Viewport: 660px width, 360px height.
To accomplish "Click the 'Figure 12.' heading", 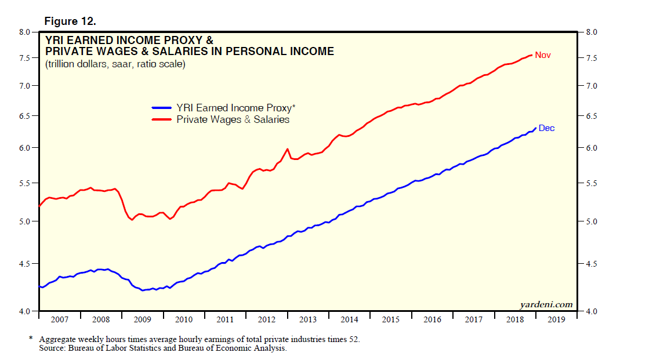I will tap(70, 21).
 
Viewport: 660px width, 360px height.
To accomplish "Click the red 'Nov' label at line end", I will tap(543, 55).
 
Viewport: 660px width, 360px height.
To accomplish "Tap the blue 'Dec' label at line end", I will tap(546, 128).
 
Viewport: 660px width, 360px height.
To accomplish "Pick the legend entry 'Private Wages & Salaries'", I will tap(233, 119).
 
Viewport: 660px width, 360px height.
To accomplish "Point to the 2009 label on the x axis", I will tap(143, 319).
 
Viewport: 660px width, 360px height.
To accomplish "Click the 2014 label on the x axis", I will tap(349, 319).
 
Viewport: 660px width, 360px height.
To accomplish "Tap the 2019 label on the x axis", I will tap(556, 319).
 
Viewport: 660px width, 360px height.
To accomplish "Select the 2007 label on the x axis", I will tap(60, 319).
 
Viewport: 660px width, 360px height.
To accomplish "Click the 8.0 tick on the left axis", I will tap(24, 32).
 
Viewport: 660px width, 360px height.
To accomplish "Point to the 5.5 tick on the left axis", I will tap(24, 184).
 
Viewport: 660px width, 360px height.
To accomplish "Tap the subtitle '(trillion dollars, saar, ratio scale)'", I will tap(115, 64).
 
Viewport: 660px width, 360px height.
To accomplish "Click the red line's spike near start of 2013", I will tap(287, 149).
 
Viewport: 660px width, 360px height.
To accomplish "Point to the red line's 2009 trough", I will tap(132, 220).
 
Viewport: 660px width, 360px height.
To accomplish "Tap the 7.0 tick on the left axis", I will tap(24, 86).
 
